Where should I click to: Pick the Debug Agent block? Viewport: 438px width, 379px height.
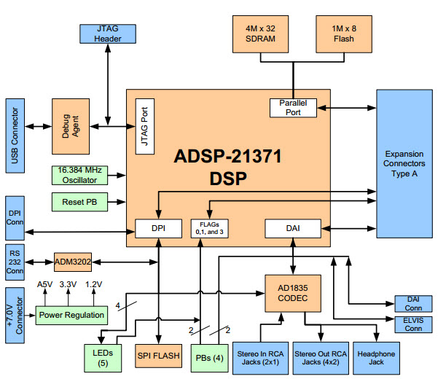coord(70,126)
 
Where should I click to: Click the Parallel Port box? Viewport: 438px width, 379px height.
coord(293,107)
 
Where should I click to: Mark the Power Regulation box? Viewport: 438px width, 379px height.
coord(71,315)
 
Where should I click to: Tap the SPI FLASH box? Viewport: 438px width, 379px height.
coord(157,356)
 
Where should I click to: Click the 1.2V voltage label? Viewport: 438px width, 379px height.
coord(95,285)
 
